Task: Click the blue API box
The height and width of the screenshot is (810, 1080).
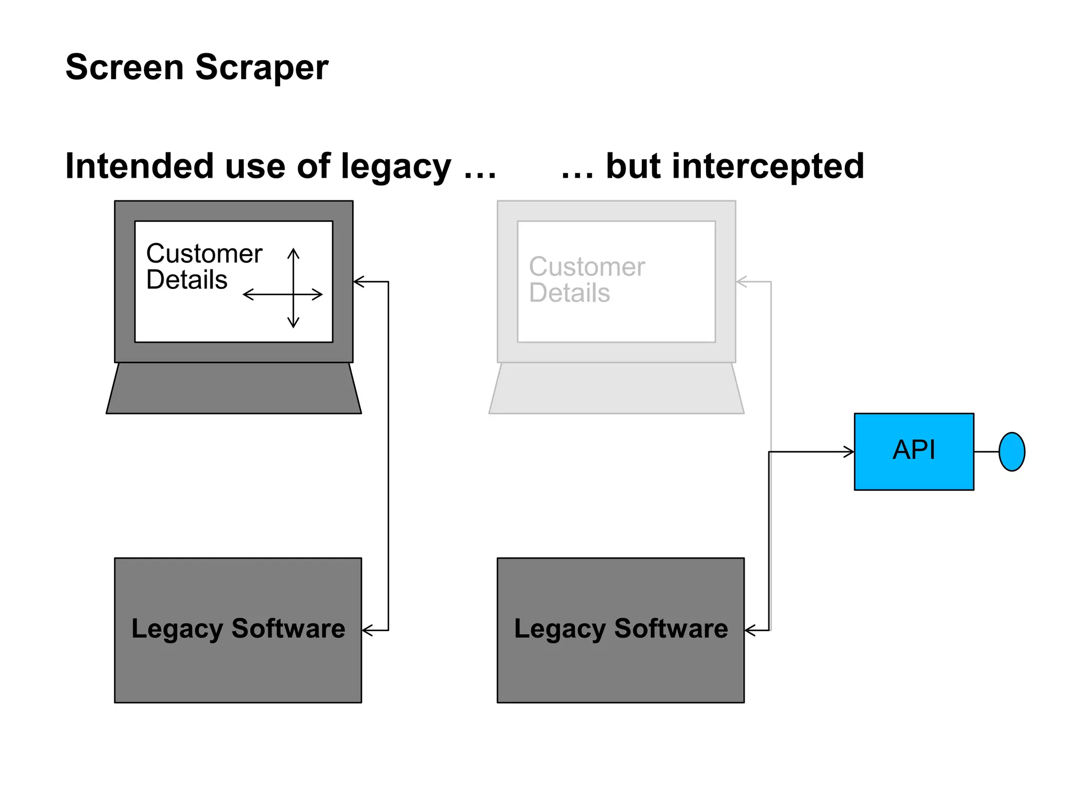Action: click(x=913, y=451)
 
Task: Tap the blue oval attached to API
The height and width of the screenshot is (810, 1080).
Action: click(x=1011, y=451)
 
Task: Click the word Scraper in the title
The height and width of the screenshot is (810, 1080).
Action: click(x=262, y=67)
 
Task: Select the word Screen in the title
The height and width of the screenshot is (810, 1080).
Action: click(x=124, y=67)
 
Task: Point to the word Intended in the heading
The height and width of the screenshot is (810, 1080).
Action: click(x=139, y=166)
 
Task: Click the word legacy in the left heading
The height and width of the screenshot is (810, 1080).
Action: click(x=396, y=166)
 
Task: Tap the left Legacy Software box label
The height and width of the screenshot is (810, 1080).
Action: click(x=238, y=629)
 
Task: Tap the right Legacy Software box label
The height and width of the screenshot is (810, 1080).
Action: click(x=621, y=629)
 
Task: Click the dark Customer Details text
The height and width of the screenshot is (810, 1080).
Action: click(x=204, y=266)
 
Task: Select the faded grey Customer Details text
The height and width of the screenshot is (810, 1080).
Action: click(x=586, y=279)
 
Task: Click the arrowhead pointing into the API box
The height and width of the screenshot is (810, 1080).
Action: click(x=850, y=451)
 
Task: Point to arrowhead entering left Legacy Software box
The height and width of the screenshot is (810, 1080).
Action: click(x=367, y=630)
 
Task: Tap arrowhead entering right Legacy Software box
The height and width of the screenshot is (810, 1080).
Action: click(x=749, y=630)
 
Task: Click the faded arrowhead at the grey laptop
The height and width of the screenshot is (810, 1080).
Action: click(x=740, y=282)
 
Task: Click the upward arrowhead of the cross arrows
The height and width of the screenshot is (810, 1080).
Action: click(x=293, y=253)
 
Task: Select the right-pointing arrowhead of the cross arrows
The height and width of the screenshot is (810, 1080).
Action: click(x=318, y=294)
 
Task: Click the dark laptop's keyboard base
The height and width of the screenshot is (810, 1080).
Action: click(x=234, y=389)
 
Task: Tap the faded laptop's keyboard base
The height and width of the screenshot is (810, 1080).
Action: click(x=616, y=389)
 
